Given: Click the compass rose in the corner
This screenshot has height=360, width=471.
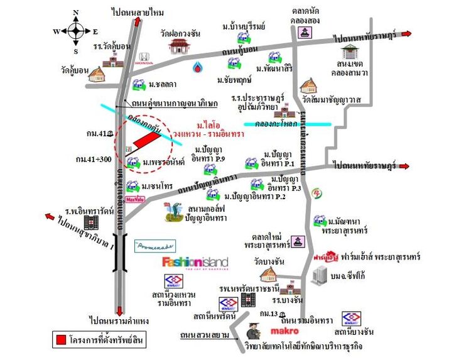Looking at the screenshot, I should (75, 31).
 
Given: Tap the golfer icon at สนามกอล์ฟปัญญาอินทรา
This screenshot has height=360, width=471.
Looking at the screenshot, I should (171, 212).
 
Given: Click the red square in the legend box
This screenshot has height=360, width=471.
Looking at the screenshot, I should (62, 340).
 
